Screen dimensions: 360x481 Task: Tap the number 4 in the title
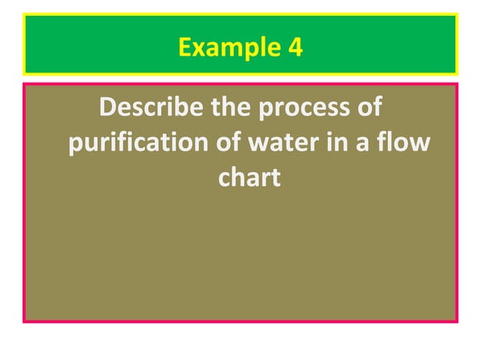point(295,47)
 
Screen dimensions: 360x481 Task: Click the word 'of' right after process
point(369,108)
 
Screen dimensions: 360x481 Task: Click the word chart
point(250,177)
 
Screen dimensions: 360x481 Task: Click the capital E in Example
point(185,47)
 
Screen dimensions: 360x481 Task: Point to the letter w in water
point(259,144)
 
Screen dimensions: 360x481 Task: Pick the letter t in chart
point(276,178)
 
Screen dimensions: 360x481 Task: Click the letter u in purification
point(87,144)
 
